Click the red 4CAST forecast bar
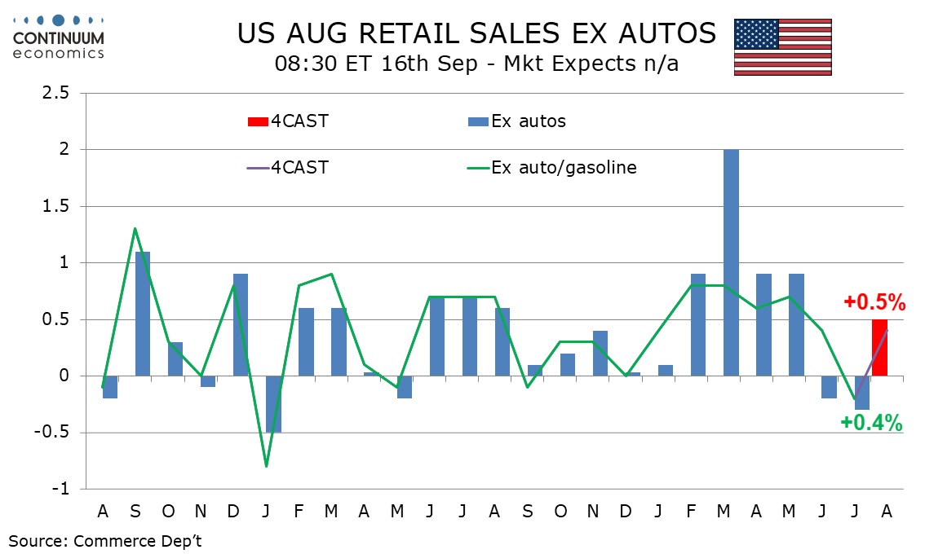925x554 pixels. pos(879,348)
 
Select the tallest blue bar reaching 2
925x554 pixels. pos(731,263)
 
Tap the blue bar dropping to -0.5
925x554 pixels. pos(273,404)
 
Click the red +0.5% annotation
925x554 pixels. pos(874,302)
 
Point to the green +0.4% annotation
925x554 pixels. pos(871,423)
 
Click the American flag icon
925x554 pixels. pos(783,47)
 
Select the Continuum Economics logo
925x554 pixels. pos(59,37)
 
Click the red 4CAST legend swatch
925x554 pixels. pos(258,121)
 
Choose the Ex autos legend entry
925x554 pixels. pos(517,121)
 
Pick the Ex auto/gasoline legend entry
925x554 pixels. pos(552,168)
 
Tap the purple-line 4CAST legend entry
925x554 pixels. pos(288,168)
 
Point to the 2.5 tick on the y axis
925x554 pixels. pos(55,93)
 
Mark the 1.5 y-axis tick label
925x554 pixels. pos(55,206)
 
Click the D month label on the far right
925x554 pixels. pos(626,512)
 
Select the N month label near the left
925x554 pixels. pos(201,512)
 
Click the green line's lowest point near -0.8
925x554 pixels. pos(267,467)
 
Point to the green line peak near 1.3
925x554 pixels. pos(135,229)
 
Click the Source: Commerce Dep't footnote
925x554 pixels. pos(105,541)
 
